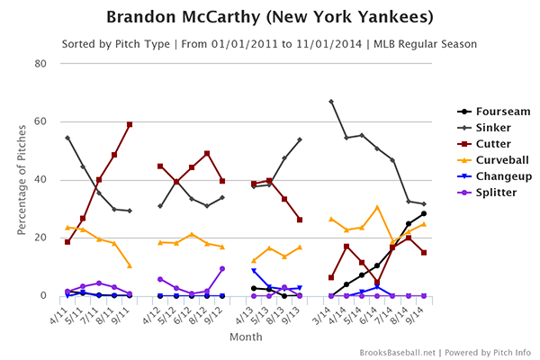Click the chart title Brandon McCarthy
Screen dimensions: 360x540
[269, 17]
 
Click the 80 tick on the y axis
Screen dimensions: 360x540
[40, 63]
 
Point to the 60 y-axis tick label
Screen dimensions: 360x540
[40, 121]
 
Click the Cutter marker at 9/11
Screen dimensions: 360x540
[130, 124]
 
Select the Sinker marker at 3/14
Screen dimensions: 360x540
[331, 102]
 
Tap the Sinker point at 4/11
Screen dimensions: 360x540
[67, 138]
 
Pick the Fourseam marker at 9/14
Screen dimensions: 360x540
[424, 213]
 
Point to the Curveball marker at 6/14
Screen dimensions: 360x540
[377, 207]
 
